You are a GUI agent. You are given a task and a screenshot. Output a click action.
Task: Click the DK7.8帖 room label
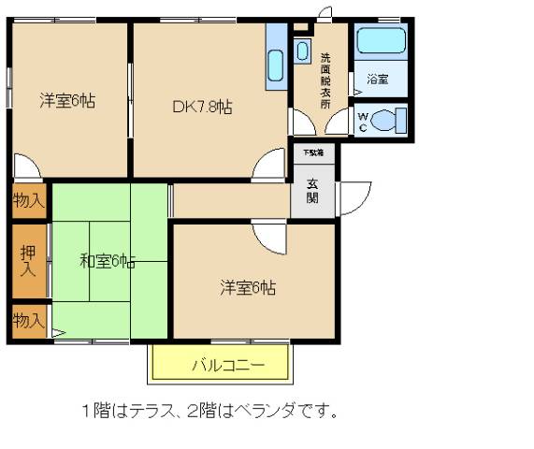tap(201, 107)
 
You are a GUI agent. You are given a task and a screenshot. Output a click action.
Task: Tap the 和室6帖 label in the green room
tap(107, 261)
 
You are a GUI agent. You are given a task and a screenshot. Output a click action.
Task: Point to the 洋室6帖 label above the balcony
tap(248, 287)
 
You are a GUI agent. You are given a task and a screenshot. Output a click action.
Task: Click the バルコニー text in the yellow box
tap(228, 366)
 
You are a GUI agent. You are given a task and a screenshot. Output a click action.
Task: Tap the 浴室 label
tap(378, 80)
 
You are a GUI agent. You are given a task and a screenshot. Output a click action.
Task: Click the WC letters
tap(364, 122)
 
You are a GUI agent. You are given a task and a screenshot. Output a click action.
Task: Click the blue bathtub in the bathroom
tap(381, 42)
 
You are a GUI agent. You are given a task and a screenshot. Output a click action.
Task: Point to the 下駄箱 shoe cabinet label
tap(311, 152)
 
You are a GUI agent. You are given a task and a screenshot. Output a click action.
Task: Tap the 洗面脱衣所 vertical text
tap(325, 80)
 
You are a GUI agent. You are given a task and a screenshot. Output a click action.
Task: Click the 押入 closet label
tap(28, 261)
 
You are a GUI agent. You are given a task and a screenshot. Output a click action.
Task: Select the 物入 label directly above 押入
tap(28, 199)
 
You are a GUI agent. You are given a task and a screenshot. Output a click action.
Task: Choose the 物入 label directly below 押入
tap(28, 320)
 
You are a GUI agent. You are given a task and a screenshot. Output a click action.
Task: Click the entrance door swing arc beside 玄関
tap(354, 196)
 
